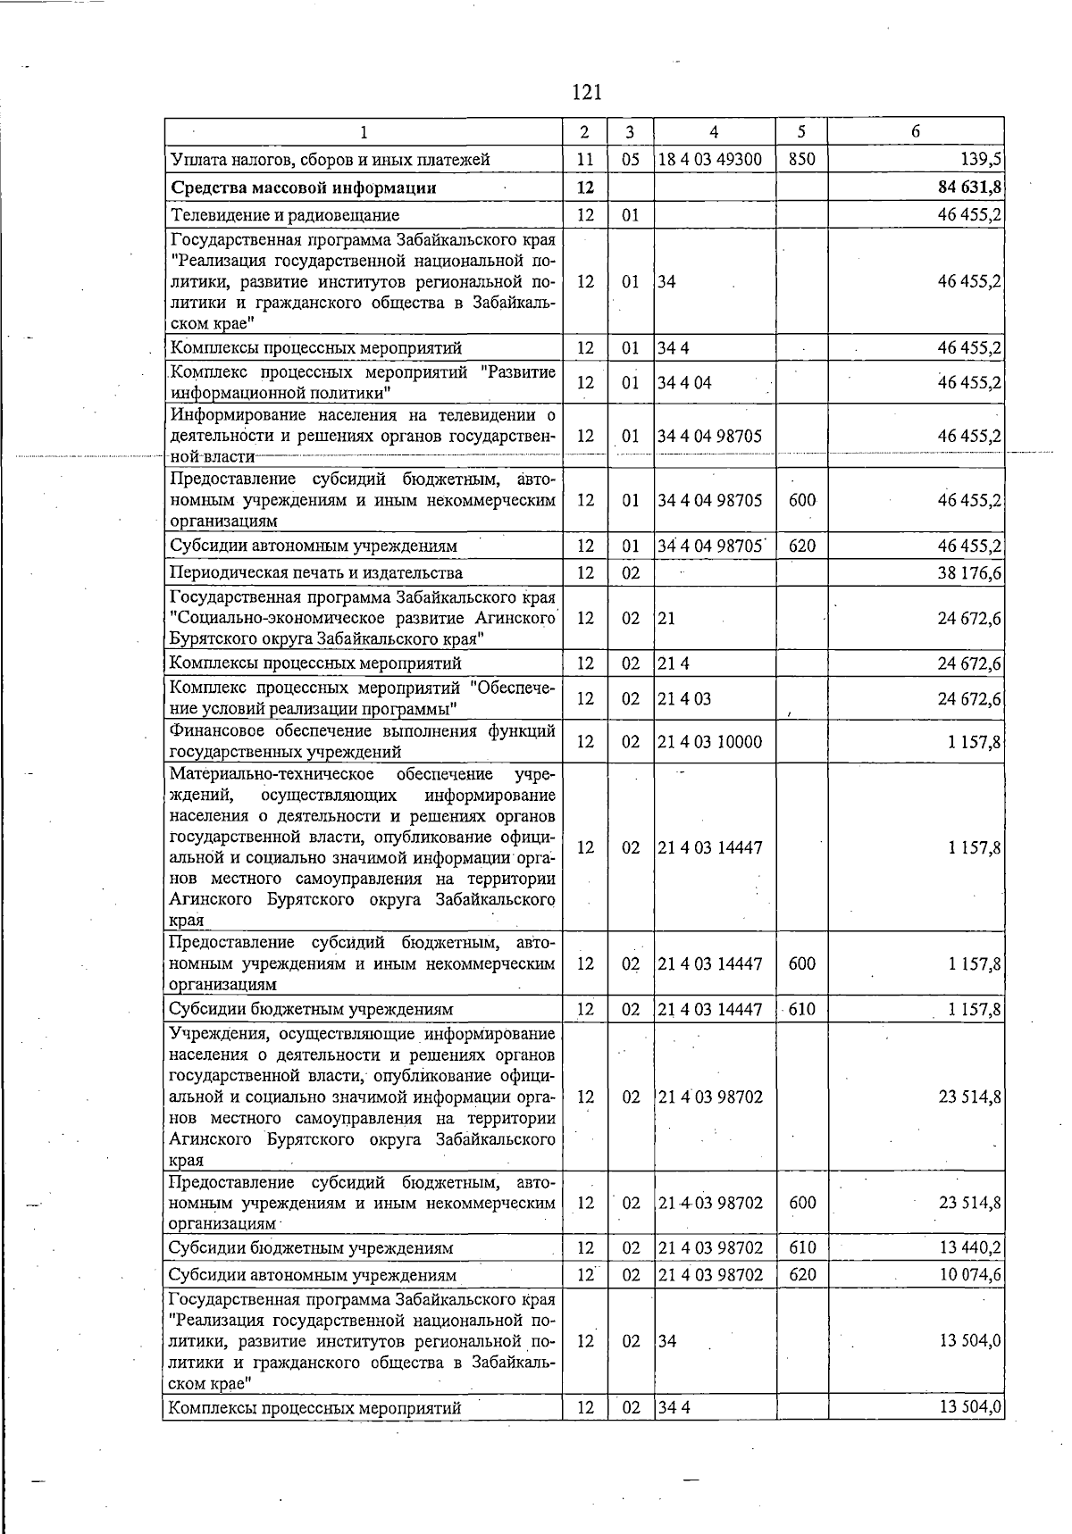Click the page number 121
coord(586,92)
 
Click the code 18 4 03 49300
coord(710,160)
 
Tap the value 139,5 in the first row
coord(983,160)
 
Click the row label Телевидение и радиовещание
coord(284,215)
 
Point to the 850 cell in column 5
coord(802,160)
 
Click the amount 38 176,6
coord(969,572)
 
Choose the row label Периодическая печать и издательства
coord(316,572)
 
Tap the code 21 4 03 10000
coord(710,741)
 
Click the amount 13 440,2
coord(969,1247)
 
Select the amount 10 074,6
coord(969,1275)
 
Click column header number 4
coord(714,131)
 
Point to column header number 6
coord(916,131)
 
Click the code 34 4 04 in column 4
coord(684,383)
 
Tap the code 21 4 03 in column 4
coord(684,698)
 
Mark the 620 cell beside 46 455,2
coord(802,546)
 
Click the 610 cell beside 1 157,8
coord(802,1010)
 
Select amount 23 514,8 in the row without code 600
coord(969,1096)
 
